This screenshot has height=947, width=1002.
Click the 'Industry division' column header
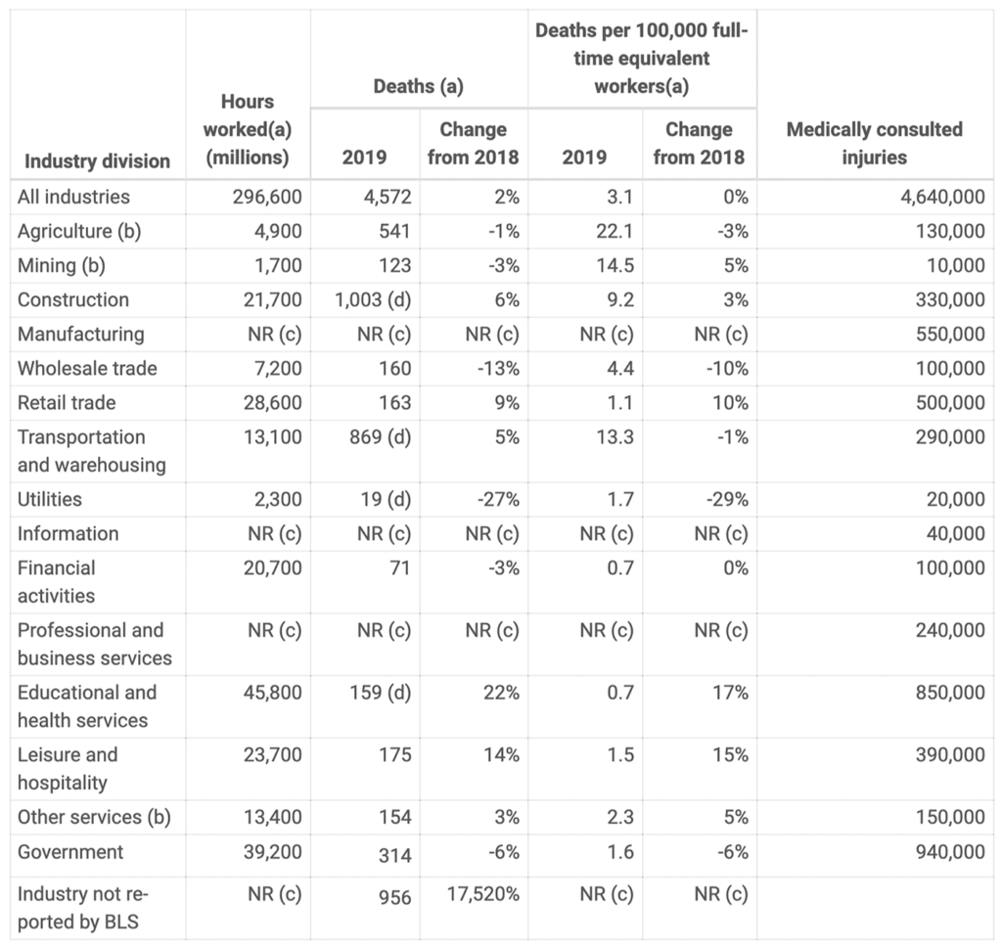[x=97, y=161]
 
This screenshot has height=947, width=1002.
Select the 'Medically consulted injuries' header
[x=874, y=143]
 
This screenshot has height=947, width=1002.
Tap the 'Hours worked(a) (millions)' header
[x=248, y=129]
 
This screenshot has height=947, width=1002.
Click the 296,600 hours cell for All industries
[x=267, y=197]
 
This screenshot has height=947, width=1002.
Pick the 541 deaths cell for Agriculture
[x=395, y=231]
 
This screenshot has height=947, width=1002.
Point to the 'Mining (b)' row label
[x=62, y=265]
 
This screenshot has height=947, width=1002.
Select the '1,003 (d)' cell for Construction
[x=373, y=299]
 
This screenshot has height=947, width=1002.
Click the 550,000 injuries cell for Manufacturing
[x=950, y=335]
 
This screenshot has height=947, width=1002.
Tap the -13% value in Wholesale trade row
[x=498, y=369]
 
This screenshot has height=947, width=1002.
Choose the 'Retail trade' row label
[x=67, y=403]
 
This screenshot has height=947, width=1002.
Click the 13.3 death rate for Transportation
[x=615, y=437]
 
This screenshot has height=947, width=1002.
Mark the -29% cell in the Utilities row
[x=727, y=499]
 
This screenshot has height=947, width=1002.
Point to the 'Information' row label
[x=68, y=533]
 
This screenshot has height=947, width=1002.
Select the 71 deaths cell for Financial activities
[x=400, y=567]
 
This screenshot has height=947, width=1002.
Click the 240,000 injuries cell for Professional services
[x=950, y=630]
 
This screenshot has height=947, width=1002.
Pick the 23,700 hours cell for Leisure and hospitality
[x=273, y=754]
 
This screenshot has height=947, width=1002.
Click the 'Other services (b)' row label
[x=94, y=817]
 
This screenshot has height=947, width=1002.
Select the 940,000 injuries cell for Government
[x=950, y=852]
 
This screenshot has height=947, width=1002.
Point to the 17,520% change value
[x=483, y=894]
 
